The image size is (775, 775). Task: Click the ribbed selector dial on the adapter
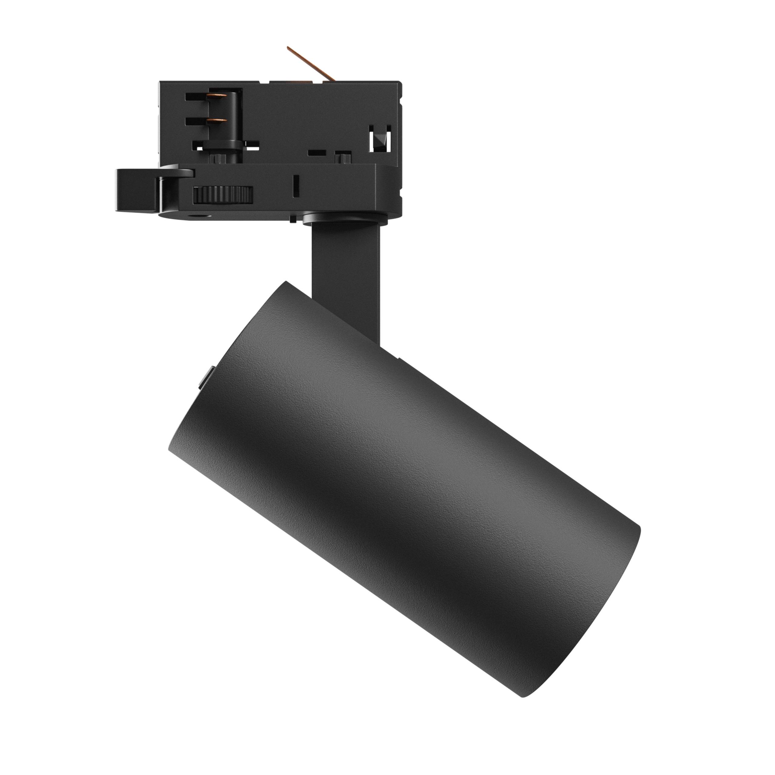click(x=223, y=195)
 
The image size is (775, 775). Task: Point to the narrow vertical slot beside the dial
click(x=296, y=185)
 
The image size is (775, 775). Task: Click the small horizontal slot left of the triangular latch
click(x=316, y=153)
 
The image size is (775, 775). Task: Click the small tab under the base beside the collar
click(x=293, y=219)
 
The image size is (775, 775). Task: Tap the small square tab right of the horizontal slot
click(x=342, y=155)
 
